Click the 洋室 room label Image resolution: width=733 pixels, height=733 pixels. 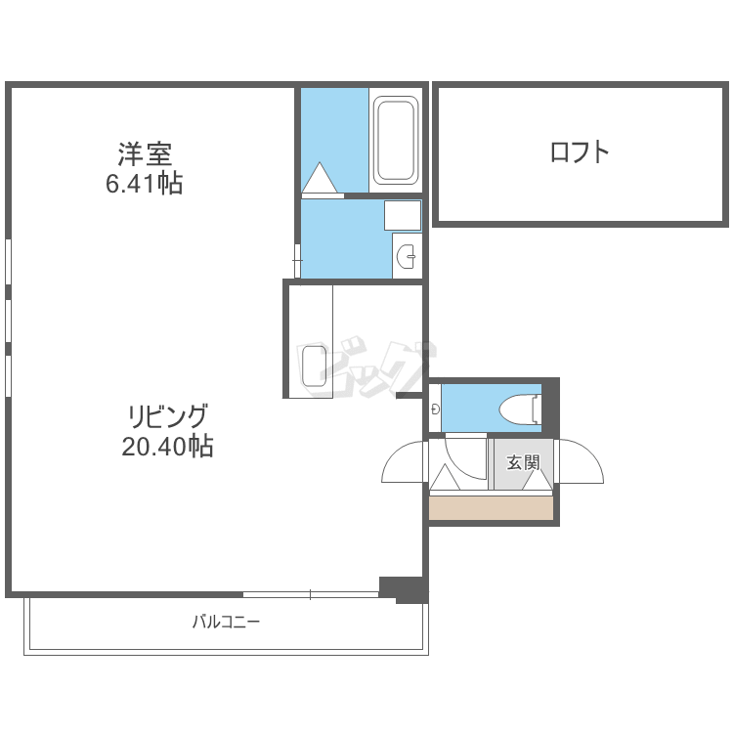[x=145, y=153]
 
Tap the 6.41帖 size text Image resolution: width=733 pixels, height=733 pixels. [x=145, y=183]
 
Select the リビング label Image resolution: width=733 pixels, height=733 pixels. [x=167, y=416]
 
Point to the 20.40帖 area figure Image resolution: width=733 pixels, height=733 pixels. [x=167, y=447]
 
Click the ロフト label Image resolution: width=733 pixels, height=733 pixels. [x=580, y=151]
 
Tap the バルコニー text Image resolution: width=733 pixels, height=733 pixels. [x=226, y=622]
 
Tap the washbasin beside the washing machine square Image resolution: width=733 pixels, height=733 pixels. [x=407, y=257]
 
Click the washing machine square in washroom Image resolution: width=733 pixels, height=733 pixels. [x=402, y=214]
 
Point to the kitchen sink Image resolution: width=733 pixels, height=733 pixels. [x=314, y=366]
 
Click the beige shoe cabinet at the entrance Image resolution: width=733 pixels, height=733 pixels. [x=492, y=508]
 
